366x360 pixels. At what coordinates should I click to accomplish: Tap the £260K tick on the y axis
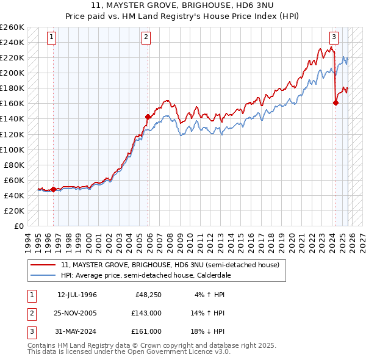point(12,27)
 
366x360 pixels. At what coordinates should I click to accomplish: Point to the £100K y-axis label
point(12,149)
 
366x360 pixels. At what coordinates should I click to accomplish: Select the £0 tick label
point(19,226)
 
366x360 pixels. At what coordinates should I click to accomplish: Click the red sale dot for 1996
point(53,189)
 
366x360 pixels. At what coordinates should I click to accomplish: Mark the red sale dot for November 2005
point(148,117)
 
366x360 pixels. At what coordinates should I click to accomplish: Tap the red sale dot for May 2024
point(335,103)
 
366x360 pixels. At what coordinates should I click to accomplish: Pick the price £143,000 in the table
point(146,314)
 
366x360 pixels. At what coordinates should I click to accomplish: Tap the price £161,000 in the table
point(146,331)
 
